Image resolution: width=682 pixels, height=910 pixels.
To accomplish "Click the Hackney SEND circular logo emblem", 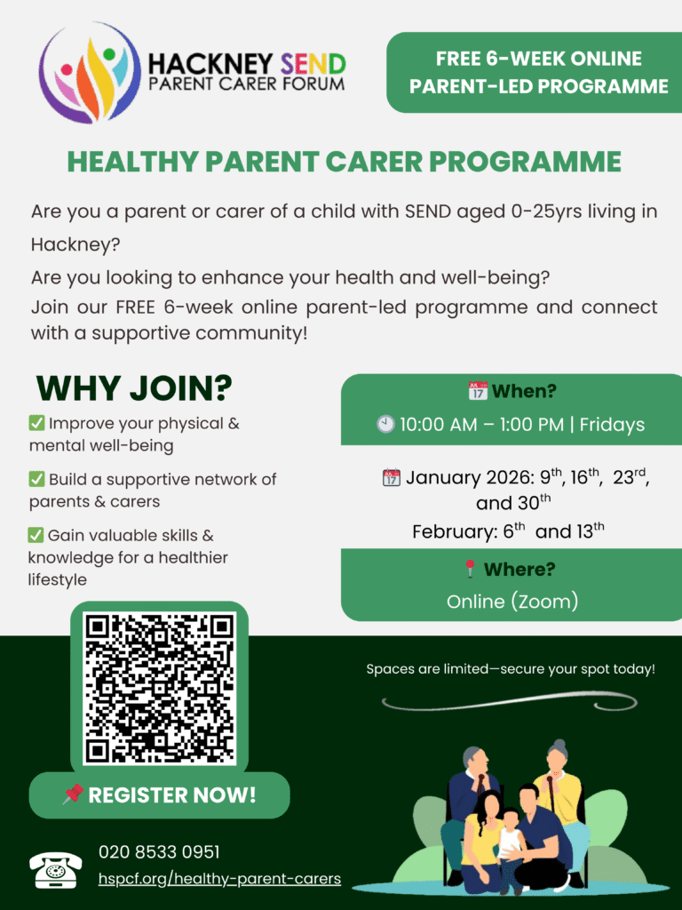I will point(90,72).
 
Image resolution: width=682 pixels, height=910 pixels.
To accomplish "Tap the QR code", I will point(159,689).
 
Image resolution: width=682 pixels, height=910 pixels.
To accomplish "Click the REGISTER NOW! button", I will point(160,794).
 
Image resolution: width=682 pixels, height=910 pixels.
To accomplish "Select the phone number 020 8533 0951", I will point(159,852).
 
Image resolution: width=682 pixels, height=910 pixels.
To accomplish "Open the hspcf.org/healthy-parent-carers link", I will point(219,879).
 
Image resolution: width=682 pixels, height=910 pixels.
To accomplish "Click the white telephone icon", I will point(55,869).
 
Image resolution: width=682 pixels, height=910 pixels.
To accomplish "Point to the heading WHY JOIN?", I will point(134,387).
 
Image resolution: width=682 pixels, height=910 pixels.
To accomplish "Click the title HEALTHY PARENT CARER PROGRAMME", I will point(344,162).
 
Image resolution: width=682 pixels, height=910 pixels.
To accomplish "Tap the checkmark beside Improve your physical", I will point(37,424).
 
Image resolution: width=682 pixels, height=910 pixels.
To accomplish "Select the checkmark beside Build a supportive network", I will point(37,479).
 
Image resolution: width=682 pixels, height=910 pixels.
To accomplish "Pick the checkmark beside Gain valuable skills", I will point(36,535).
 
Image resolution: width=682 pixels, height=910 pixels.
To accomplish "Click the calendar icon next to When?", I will point(478,391).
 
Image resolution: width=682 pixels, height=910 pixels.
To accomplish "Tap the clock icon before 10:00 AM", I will point(385,425).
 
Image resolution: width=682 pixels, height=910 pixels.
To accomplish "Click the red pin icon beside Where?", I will point(471,569).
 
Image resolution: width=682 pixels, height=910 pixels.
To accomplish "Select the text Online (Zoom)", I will point(512,602).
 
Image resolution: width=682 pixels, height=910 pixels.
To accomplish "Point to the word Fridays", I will point(612,425).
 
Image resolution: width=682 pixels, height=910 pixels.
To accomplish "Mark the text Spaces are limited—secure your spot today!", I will point(511,668).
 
